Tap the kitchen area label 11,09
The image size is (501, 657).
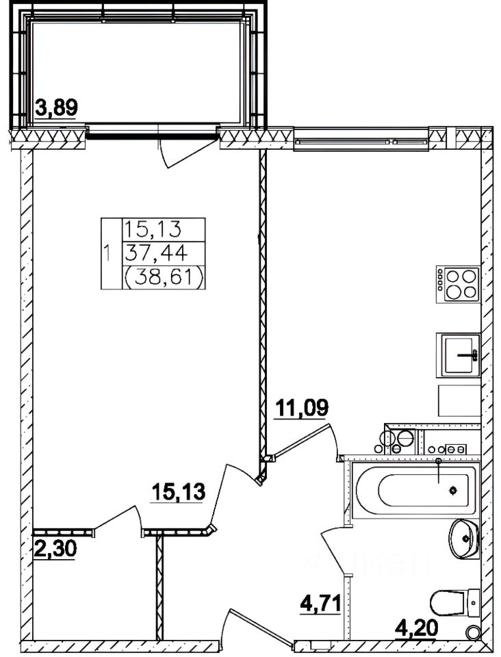pos(302,409)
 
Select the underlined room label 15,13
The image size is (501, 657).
pos(178,491)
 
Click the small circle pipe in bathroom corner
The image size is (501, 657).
pos(472,633)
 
